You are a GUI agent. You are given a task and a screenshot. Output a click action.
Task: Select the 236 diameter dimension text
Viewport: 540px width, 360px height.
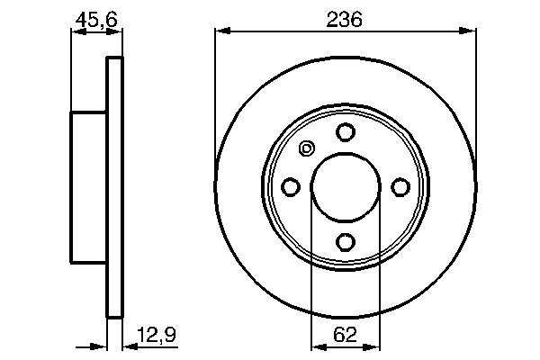(x=345, y=18)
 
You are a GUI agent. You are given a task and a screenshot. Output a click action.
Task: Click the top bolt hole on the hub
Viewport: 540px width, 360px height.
(x=345, y=132)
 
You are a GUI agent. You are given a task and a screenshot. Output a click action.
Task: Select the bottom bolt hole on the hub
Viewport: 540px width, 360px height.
(x=345, y=242)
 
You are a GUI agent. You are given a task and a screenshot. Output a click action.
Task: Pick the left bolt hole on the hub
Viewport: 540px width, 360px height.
(x=290, y=187)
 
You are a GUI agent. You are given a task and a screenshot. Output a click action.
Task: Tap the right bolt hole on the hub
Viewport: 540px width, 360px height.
(x=400, y=187)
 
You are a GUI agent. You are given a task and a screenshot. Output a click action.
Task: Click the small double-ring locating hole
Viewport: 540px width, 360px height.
(x=306, y=149)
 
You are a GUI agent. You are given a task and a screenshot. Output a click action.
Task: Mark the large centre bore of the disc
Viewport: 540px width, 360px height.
(x=345, y=187)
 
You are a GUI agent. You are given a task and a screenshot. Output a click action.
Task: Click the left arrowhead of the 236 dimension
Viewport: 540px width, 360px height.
(x=220, y=32)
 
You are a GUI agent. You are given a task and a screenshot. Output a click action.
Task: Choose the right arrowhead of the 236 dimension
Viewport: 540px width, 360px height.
(x=469, y=32)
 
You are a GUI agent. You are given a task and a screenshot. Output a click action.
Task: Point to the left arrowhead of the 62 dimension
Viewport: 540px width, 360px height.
(x=317, y=346)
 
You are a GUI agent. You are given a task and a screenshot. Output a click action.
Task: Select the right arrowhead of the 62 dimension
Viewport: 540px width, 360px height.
(x=373, y=346)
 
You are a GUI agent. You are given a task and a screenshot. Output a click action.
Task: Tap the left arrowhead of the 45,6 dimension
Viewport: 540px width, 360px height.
(x=77, y=32)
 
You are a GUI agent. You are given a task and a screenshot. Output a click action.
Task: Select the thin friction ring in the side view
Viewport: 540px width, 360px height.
(x=114, y=187)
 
